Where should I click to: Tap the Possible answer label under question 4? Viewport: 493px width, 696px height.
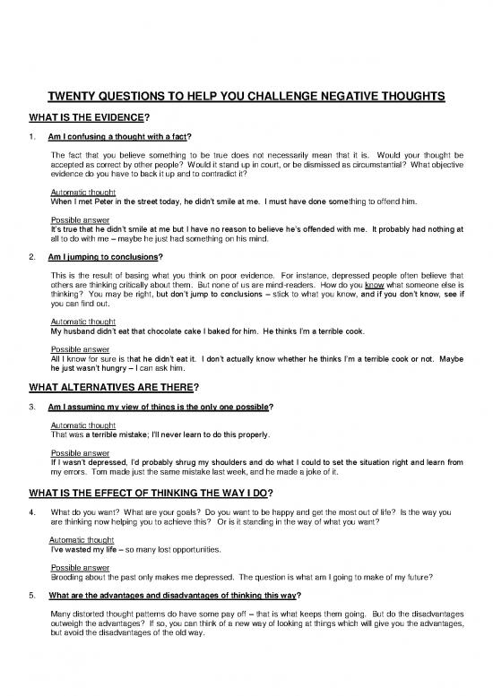(x=79, y=568)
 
